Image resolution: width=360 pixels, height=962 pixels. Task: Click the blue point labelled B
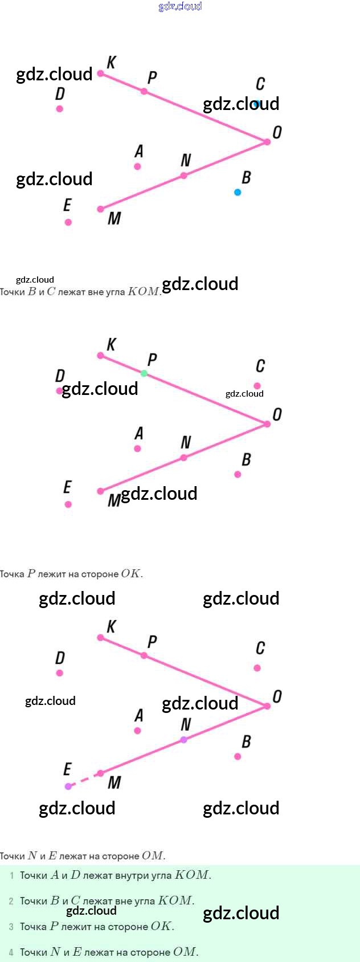click(238, 192)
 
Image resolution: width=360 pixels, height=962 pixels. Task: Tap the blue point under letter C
click(257, 104)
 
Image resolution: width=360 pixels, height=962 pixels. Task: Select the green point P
click(144, 373)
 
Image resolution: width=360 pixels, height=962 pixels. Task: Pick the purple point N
click(183, 740)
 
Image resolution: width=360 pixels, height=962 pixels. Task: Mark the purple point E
click(68, 786)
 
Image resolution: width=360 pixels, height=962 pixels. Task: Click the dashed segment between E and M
click(84, 780)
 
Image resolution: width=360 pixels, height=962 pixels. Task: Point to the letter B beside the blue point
click(246, 177)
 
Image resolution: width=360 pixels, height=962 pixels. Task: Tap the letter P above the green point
click(152, 360)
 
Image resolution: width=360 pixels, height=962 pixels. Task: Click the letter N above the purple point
click(186, 724)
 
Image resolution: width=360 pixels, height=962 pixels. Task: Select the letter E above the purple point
click(67, 769)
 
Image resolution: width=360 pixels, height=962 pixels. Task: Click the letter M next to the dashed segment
click(114, 782)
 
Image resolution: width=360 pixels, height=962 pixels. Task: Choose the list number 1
click(11, 875)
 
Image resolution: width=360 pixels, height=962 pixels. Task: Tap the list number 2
click(11, 901)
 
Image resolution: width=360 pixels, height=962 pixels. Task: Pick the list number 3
click(11, 927)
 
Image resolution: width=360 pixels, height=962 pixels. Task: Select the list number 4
click(11, 952)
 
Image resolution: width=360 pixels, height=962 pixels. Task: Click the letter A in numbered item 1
click(55, 875)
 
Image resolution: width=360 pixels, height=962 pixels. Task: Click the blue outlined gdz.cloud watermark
click(180, 6)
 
